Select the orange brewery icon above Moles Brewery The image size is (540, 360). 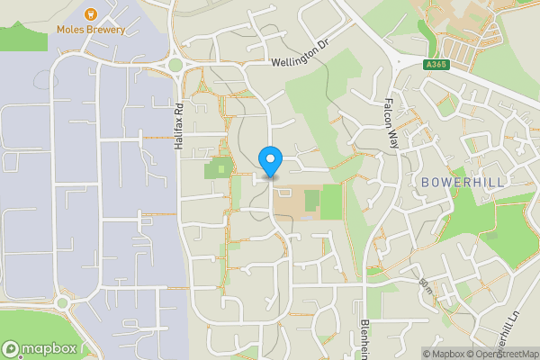90,13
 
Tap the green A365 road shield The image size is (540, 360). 436,64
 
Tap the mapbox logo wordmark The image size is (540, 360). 45,348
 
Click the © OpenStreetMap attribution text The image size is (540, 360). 501,354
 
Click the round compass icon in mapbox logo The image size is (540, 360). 11,348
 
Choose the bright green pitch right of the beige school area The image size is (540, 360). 331,202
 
